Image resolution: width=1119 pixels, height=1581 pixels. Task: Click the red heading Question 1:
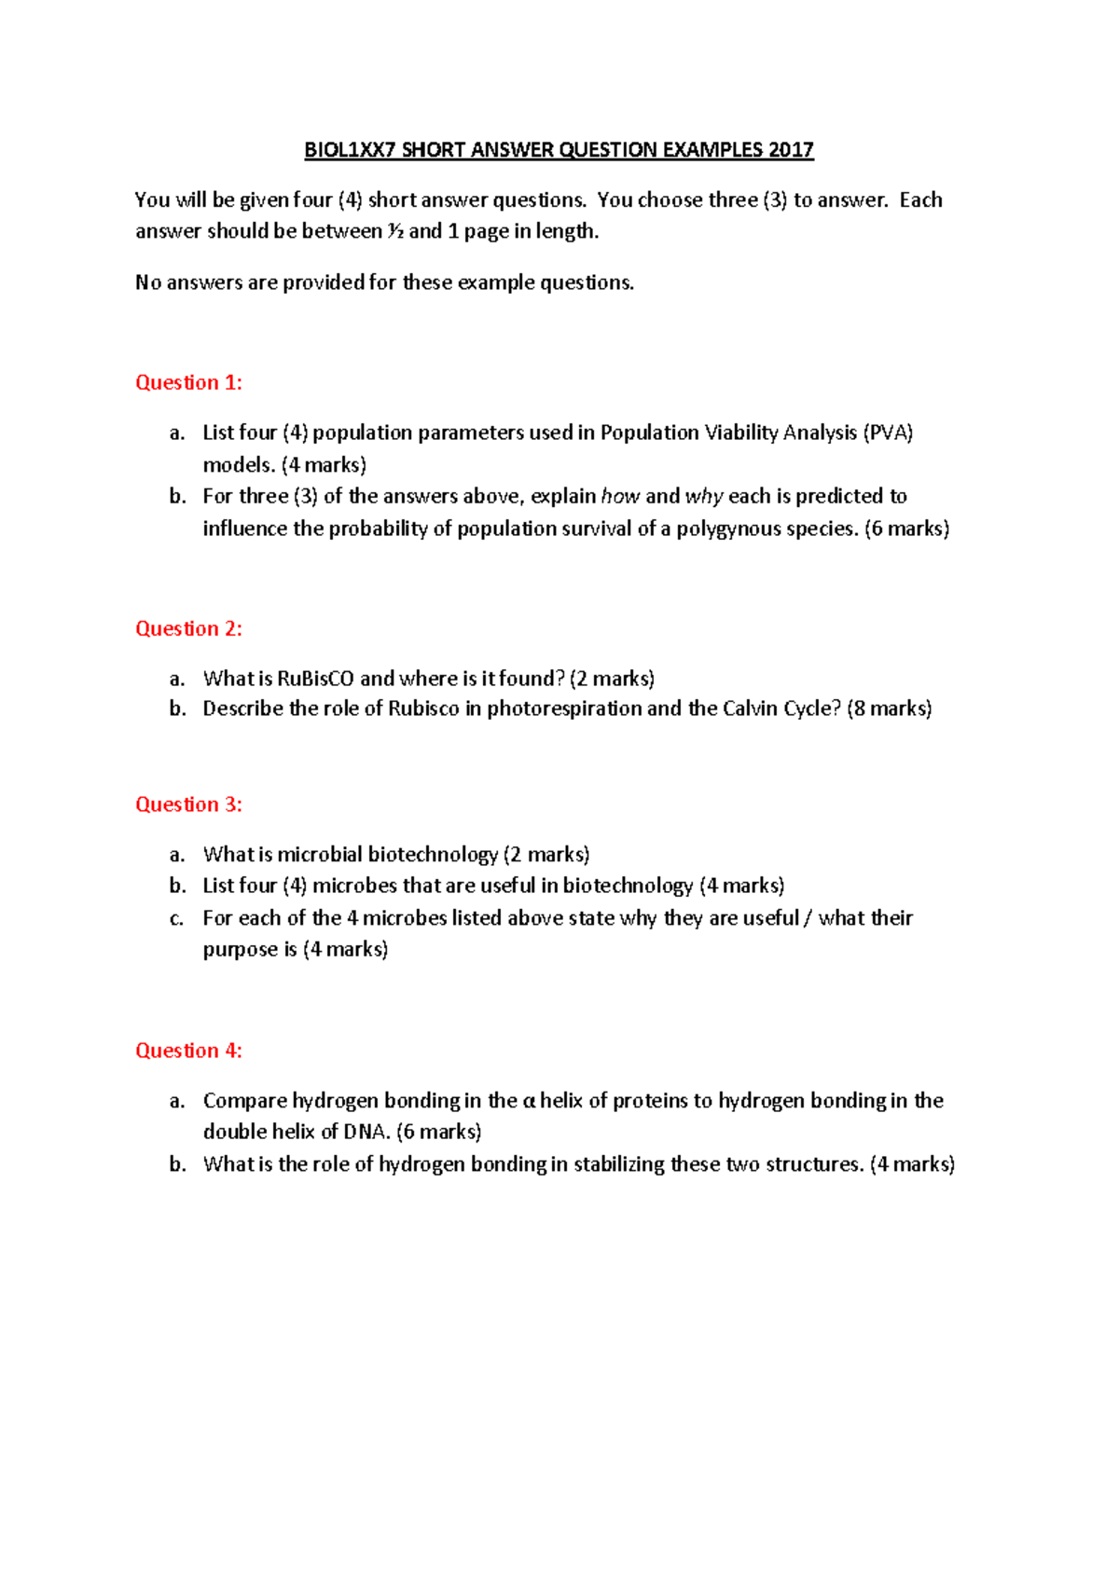(x=188, y=382)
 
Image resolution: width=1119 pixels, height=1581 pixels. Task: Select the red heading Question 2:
(x=188, y=628)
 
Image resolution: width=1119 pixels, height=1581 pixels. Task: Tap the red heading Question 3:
(x=188, y=804)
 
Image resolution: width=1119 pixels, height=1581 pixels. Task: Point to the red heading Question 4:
(x=188, y=1051)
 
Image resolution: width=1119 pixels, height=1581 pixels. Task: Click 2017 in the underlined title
(x=791, y=150)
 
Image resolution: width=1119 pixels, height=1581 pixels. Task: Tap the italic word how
(x=620, y=496)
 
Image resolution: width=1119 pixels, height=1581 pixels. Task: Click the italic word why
(x=704, y=496)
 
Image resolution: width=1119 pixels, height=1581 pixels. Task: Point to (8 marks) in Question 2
(x=889, y=708)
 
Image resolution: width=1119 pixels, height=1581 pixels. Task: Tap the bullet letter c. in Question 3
(x=177, y=918)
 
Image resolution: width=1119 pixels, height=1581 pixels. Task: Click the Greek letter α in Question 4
(x=529, y=1101)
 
